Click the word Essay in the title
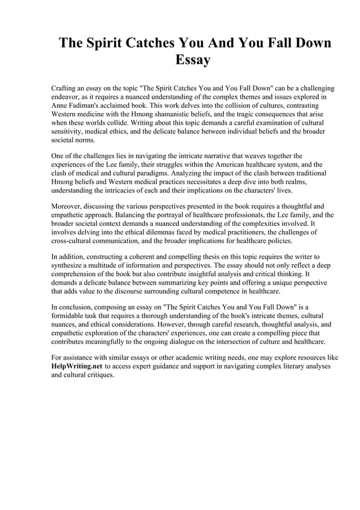pyautogui.click(x=193, y=59)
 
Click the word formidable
pyautogui.click(x=70, y=316)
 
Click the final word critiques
pyautogui.click(x=99, y=375)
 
